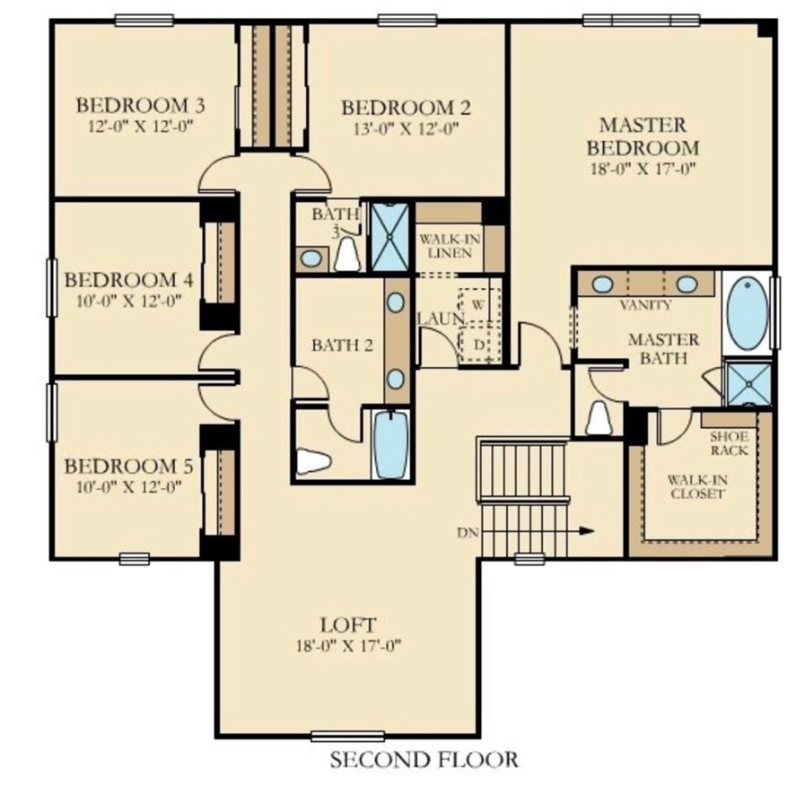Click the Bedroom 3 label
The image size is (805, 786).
(x=140, y=105)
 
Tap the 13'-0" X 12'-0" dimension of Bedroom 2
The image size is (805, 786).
(x=406, y=128)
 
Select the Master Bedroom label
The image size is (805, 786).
(x=643, y=136)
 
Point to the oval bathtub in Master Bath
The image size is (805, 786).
(x=748, y=313)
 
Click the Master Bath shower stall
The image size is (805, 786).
(x=749, y=383)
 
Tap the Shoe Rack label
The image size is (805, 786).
(x=729, y=443)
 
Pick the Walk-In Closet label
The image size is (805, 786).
(x=696, y=487)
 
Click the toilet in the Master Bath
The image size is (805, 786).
(x=599, y=417)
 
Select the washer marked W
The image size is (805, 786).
(x=478, y=305)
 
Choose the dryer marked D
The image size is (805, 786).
(x=479, y=345)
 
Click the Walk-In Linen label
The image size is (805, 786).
(x=450, y=246)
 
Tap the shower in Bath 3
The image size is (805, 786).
(x=390, y=237)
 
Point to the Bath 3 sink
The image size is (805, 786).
(x=311, y=258)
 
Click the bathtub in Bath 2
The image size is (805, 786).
(x=391, y=445)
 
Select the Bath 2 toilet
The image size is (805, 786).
(x=313, y=460)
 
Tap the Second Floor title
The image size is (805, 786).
(x=424, y=759)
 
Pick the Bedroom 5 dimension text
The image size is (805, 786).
(x=129, y=486)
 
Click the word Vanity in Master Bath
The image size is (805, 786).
(x=645, y=305)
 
